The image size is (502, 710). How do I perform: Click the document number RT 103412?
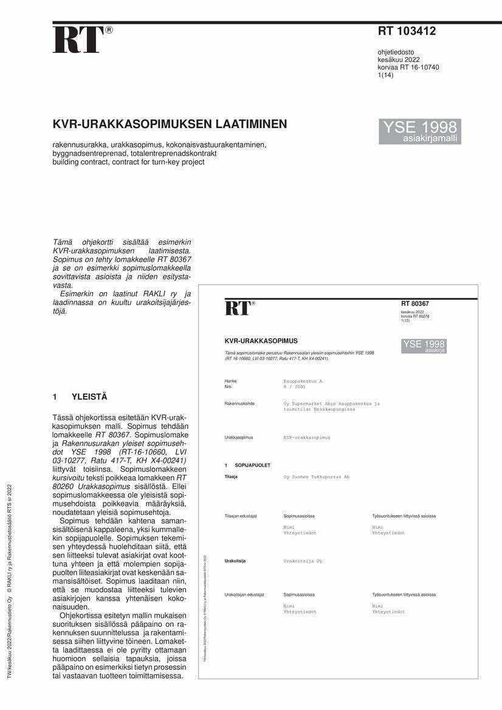407,32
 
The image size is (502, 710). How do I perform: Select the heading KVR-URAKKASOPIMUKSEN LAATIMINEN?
170,125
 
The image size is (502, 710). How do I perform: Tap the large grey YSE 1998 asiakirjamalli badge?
419,131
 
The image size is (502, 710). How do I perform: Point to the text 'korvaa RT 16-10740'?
408,67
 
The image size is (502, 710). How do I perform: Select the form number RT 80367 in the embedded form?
414,304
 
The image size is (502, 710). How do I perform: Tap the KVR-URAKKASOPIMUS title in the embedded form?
261,341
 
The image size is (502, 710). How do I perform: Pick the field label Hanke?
231,381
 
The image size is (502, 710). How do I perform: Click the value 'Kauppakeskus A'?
303,381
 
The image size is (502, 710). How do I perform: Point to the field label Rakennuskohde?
239,403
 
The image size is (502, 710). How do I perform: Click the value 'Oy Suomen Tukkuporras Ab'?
316,477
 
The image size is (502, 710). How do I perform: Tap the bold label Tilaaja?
231,477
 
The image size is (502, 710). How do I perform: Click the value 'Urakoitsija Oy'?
303,561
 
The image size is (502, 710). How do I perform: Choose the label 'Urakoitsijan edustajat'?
244,595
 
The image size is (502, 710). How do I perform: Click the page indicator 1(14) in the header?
386,75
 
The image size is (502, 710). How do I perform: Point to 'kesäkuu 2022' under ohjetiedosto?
399,60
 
